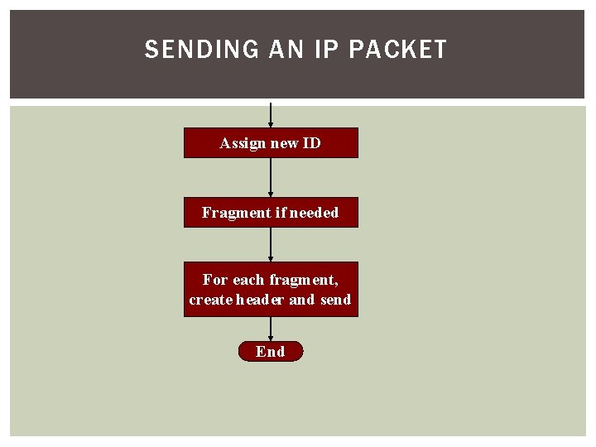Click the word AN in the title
click(287, 50)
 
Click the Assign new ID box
click(271, 142)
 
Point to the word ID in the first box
click(311, 143)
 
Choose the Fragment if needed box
click(271, 213)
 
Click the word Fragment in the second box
click(231, 213)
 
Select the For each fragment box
click(271, 290)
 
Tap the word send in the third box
click(335, 300)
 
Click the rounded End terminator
click(271, 352)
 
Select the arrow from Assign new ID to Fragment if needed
click(271, 177)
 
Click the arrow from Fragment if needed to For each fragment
click(271, 245)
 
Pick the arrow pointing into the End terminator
click(271, 329)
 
